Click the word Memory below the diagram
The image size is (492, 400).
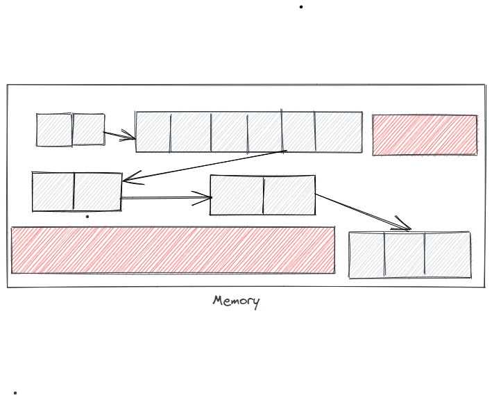coord(236,301)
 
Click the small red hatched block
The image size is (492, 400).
coord(425,135)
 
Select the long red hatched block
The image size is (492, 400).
coord(173,250)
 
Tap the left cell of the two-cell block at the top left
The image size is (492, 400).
coord(54,130)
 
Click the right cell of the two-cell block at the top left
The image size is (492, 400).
coord(89,129)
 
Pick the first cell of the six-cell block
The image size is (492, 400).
coord(153,132)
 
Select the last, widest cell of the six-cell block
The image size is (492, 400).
coord(339,132)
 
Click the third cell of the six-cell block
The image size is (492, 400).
coord(230,132)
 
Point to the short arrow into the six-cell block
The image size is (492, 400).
coord(119,135)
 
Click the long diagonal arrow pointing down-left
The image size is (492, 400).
coord(205,166)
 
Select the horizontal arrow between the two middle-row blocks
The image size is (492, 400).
coord(167,198)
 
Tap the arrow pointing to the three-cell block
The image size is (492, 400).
coord(363,212)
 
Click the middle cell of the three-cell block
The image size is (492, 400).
coord(405,255)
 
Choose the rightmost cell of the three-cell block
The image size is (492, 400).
coord(448,255)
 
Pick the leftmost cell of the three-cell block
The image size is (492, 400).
coord(367,255)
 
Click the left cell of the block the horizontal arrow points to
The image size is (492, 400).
coord(237,195)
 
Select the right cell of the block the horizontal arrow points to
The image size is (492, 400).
coord(289,195)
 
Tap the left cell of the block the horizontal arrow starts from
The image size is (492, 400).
coord(53,192)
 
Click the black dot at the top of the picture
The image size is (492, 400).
coord(301,7)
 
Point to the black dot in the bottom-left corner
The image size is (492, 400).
coord(15,393)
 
